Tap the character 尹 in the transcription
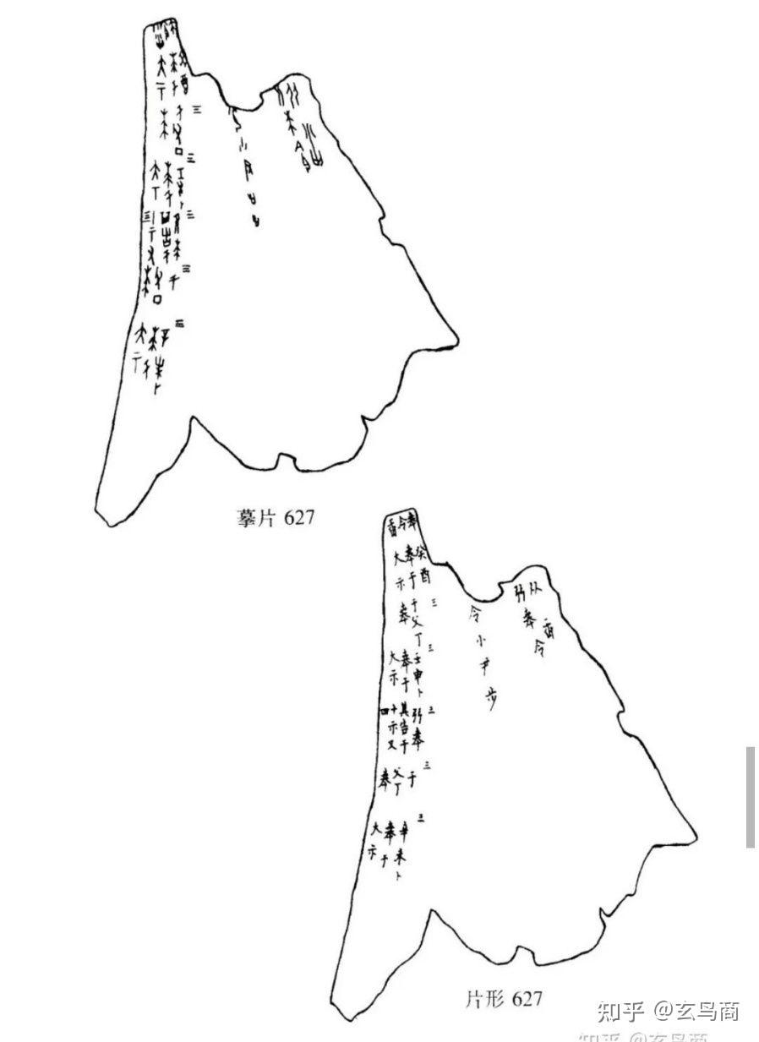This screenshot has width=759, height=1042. [x=485, y=668]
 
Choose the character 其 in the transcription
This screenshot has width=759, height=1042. [x=405, y=709]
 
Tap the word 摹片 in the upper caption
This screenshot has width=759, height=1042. [x=254, y=517]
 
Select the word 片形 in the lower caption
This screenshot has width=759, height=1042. [x=484, y=1000]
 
